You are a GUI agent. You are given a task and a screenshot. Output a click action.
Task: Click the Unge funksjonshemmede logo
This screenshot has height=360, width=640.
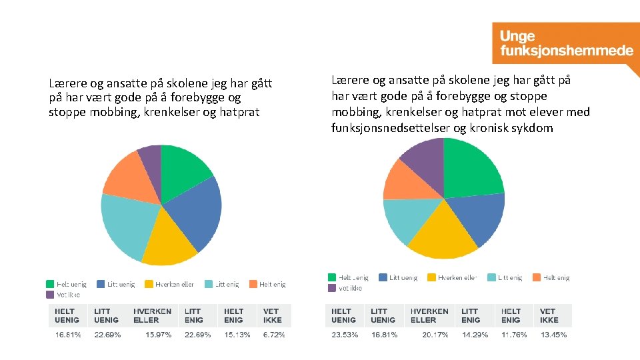563,43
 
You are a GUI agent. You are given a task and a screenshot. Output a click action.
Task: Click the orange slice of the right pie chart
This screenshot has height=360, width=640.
403,180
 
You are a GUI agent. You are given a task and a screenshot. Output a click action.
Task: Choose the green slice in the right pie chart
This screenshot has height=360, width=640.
473,167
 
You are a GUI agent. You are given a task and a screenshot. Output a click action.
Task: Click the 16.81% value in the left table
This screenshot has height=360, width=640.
67,335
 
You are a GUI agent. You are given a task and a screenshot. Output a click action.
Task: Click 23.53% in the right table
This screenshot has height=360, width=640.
345,335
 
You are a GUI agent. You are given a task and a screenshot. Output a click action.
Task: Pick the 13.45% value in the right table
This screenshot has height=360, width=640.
553,335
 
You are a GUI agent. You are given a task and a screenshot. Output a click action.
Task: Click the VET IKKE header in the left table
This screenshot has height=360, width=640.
272,315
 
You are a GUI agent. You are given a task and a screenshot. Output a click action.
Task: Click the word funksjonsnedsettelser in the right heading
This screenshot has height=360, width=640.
391,128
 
